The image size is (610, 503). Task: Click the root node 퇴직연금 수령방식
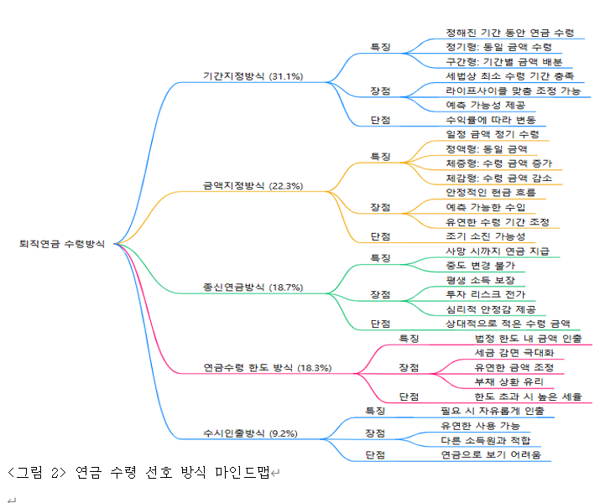pos(62,244)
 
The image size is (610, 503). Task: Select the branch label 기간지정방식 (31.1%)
pos(253,75)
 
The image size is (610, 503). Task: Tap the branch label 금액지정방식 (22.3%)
pos(253,185)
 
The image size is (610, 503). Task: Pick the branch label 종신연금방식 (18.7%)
pos(253,287)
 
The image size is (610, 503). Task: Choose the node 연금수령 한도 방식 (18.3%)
pos(268,367)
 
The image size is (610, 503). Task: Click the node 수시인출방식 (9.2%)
pos(250,433)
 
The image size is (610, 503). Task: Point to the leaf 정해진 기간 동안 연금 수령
pos(509,33)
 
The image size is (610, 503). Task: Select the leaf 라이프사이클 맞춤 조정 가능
pos(513,91)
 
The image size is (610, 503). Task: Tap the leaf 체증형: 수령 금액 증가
pos(498,163)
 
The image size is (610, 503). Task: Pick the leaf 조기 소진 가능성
pos(491,236)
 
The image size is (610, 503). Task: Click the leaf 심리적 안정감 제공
pos(491,309)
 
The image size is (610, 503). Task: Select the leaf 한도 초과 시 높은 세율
pos(528,396)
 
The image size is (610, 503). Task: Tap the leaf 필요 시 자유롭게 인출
pos(492,411)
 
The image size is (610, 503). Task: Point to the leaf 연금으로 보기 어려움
pos(491,454)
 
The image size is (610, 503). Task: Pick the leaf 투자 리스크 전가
pos(486,294)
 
